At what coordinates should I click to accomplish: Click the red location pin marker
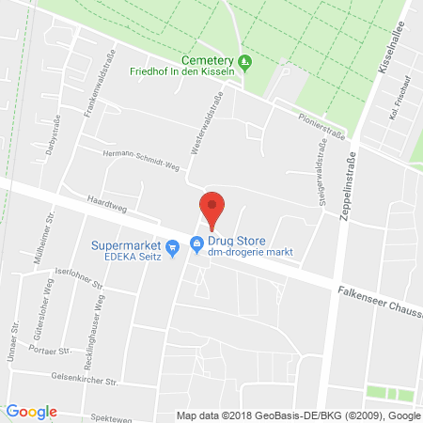[212, 209]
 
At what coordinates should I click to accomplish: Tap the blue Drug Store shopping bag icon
[196, 244]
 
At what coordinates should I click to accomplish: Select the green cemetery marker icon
[245, 63]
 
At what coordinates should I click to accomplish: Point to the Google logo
[31, 412]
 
